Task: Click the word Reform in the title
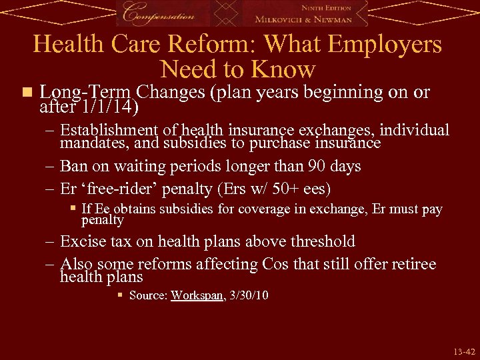pos(206,45)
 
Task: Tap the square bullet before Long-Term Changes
pos(26,92)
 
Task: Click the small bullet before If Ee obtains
pos(73,209)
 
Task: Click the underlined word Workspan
pos(197,295)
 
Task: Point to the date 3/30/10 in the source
pos(249,295)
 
